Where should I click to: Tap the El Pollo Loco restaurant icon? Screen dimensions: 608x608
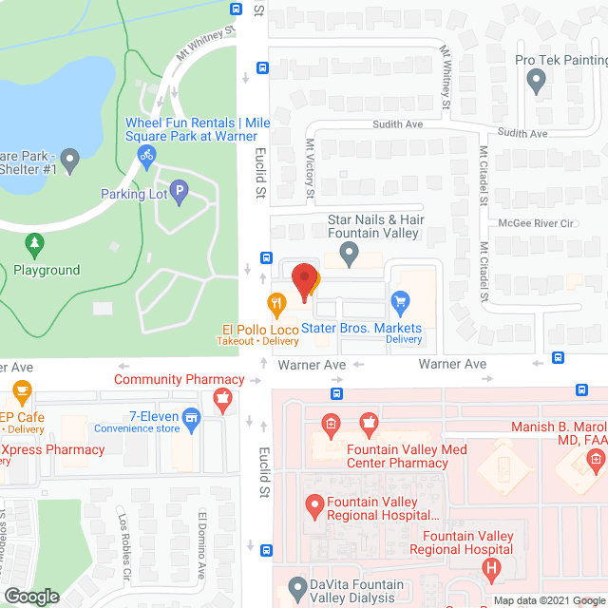click(277, 304)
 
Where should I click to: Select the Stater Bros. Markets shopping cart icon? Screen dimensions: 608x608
click(400, 304)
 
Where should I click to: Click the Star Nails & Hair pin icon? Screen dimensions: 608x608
click(349, 254)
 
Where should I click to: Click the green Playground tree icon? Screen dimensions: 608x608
click(35, 247)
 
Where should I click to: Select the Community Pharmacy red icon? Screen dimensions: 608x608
click(222, 400)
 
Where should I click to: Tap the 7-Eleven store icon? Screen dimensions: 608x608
click(192, 417)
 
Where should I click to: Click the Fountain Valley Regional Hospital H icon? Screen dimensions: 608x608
click(492, 571)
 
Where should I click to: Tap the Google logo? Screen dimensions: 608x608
click(31, 596)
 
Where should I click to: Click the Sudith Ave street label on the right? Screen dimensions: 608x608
click(523, 134)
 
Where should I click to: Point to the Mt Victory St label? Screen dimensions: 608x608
click(310, 169)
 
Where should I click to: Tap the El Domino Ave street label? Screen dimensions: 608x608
click(202, 536)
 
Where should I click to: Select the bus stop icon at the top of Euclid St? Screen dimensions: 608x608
click(236, 9)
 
